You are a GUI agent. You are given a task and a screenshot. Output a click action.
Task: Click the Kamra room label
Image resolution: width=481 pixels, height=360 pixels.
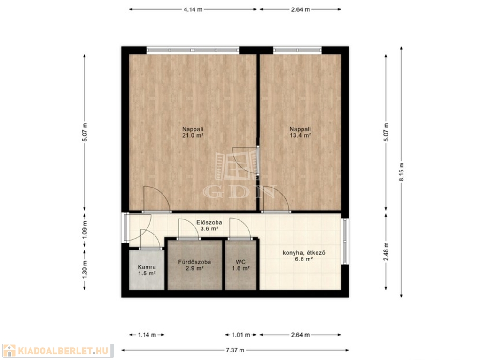click(x=147, y=267)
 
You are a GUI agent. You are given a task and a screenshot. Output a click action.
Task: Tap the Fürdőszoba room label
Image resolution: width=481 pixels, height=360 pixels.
click(x=194, y=262)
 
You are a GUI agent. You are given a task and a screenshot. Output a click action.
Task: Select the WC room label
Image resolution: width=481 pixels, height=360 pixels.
click(x=240, y=262)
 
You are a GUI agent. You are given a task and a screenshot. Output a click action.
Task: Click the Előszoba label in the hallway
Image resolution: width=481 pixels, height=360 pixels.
click(x=209, y=222)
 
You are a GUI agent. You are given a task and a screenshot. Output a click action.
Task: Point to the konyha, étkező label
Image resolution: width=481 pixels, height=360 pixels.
click(x=304, y=253)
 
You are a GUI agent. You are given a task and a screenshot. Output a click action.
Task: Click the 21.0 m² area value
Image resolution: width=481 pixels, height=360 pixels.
click(x=193, y=135)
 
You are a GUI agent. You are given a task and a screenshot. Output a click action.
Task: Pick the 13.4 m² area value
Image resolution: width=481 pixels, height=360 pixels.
click(x=300, y=135)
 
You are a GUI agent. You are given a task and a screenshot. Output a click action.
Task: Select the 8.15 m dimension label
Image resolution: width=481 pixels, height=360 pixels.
click(x=401, y=172)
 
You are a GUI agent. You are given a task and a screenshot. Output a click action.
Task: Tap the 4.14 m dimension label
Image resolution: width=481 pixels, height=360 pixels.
click(x=193, y=9)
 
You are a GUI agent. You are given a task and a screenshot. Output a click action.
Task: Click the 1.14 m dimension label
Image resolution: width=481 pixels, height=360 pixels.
click(x=147, y=335)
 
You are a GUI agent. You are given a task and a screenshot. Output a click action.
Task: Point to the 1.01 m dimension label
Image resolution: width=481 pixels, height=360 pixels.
click(x=241, y=335)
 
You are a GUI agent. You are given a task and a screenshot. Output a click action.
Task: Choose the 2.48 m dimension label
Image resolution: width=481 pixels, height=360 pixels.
click(x=386, y=251)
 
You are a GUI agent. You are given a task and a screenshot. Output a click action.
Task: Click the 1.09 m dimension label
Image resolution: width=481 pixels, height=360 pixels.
click(x=85, y=229)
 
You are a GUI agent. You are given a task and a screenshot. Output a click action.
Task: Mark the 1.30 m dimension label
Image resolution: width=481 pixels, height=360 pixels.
click(x=85, y=269)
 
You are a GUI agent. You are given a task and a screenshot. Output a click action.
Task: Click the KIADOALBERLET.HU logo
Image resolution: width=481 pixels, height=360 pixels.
click(x=58, y=351)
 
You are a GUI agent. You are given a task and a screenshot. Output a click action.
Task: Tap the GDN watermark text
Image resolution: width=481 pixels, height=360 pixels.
click(x=240, y=192)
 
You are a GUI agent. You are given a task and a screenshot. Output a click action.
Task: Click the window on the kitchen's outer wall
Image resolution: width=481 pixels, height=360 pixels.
click(x=345, y=241)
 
